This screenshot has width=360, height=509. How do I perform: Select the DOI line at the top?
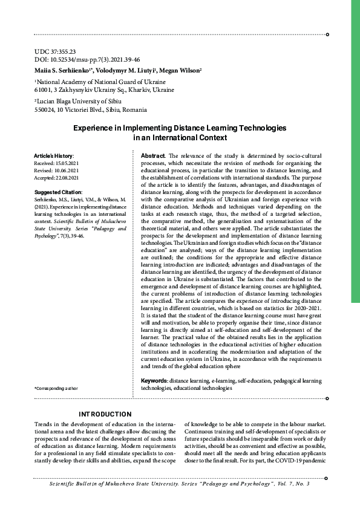(87, 60)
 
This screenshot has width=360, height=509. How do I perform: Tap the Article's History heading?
(54, 157)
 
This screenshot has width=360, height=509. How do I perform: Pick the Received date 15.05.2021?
(56, 163)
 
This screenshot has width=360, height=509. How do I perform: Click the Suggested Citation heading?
(58, 192)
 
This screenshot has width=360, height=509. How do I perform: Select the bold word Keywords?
(154, 380)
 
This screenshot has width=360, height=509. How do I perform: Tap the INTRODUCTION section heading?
(105, 414)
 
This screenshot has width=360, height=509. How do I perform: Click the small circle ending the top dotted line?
(327, 35)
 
